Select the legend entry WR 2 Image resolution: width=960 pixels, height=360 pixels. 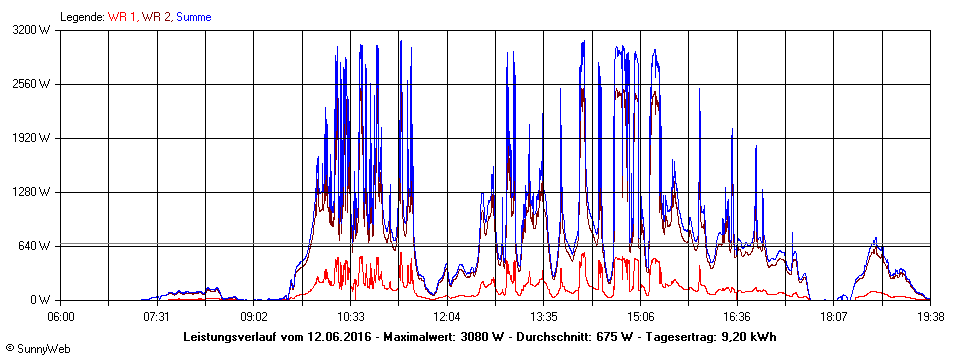(x=155, y=17)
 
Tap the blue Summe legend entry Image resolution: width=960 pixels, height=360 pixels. (x=193, y=17)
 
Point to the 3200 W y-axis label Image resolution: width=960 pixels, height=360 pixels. (x=32, y=30)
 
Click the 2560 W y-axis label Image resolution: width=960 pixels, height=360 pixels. (x=32, y=84)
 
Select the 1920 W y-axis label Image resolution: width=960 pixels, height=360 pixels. (x=32, y=138)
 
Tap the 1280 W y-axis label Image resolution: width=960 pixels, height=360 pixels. (x=32, y=192)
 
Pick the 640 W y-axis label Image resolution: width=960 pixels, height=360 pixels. (x=35, y=246)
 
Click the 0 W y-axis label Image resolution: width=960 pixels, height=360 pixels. (x=41, y=300)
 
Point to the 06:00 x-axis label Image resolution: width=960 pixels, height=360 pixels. (x=60, y=316)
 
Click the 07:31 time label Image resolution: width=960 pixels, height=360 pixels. (x=156, y=316)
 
